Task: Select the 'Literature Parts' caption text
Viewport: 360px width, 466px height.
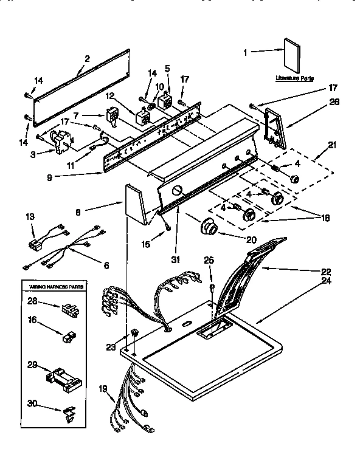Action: click(x=294, y=79)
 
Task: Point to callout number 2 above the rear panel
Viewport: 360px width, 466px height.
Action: click(x=87, y=59)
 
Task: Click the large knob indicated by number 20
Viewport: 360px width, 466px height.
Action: click(x=210, y=228)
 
